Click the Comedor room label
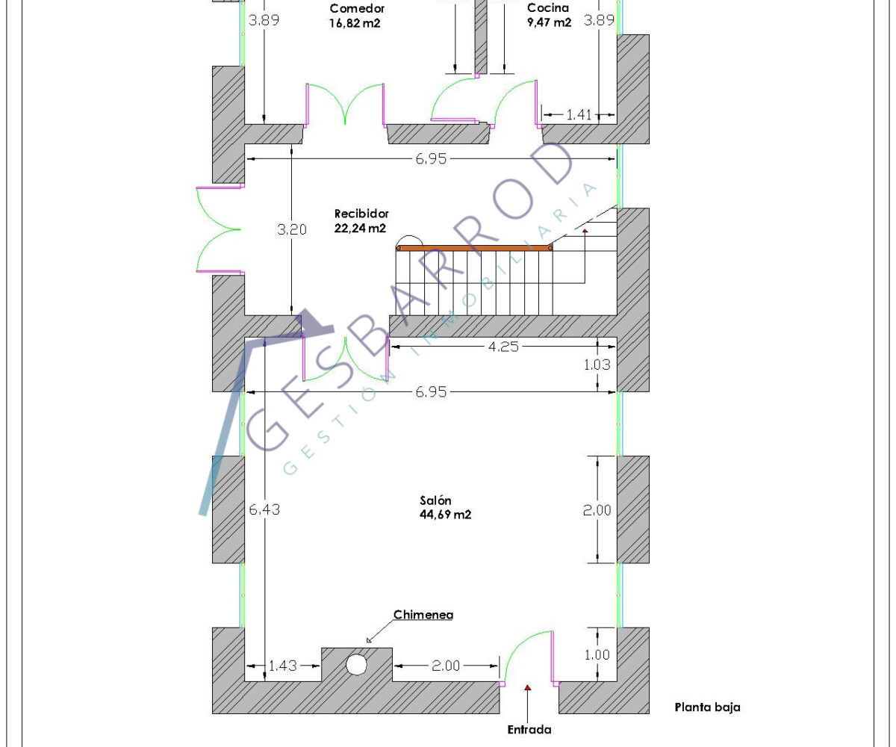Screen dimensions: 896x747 pos(357,8)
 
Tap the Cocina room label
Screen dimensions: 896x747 pos(548,7)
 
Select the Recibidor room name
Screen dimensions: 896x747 pos(361,214)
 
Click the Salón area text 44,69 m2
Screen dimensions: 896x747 pos(446,515)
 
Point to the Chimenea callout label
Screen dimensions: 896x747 pos(423,615)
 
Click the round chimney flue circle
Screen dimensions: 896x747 pos(357,665)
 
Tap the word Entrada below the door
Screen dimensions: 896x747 pos(529,729)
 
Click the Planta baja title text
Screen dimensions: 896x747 pos(707,707)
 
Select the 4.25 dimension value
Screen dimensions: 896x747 pos(503,347)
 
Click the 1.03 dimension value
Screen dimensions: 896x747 pos(597,365)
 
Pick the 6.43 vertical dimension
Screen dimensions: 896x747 pos(264,509)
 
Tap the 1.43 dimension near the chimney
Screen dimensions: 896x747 pos(282,666)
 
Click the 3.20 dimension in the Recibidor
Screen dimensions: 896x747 pos(292,229)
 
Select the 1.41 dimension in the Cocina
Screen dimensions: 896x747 pos(579,114)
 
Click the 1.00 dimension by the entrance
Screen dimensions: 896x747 pos(597,654)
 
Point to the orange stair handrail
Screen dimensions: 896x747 pos(473,248)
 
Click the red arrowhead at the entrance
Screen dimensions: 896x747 pos(527,687)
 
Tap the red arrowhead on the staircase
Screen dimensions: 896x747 pos(585,231)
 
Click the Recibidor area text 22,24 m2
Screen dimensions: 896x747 pos(360,228)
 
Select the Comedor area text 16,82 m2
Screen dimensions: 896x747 pos(355,23)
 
